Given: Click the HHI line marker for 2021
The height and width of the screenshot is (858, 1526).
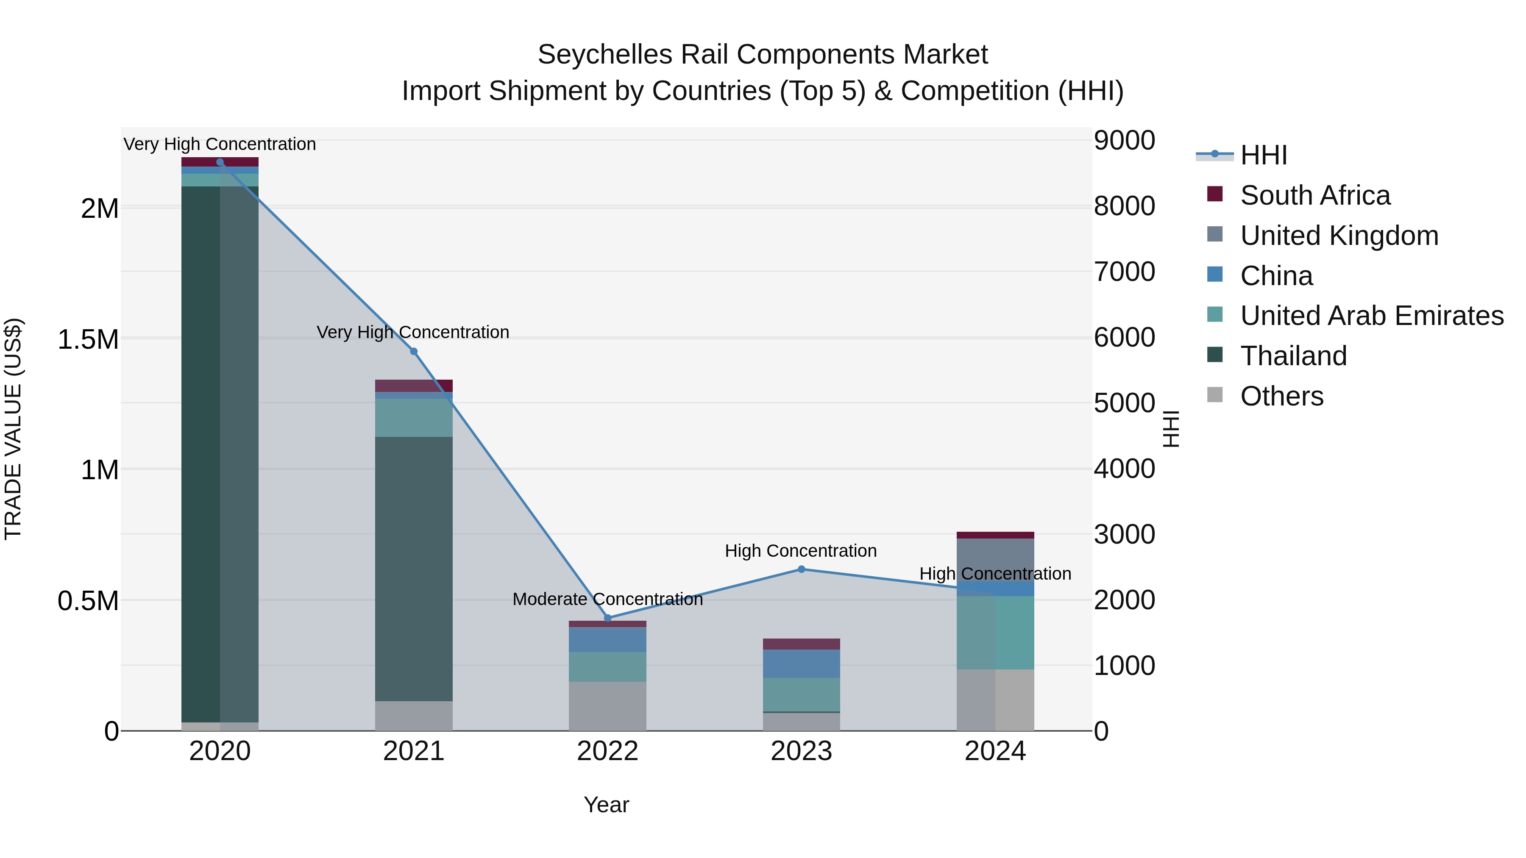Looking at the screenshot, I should (x=413, y=351).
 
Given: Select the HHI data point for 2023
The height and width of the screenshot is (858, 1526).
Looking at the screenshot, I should (x=801, y=569).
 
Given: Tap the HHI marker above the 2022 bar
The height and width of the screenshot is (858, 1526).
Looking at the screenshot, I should (x=607, y=618).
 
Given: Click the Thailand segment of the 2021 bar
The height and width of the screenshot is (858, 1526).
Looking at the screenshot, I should (x=413, y=569).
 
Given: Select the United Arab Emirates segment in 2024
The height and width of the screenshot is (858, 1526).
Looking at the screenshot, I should (x=995, y=633).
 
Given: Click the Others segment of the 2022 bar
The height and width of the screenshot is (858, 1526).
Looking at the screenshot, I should (x=607, y=706).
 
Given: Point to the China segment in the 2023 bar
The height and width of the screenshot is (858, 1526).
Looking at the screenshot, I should (x=801, y=663).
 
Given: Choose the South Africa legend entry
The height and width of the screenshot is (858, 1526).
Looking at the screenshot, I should (x=1314, y=195).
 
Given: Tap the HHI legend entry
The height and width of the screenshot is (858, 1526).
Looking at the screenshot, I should (x=1263, y=155).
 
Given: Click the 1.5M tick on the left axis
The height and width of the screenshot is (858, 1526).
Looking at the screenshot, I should (x=88, y=340).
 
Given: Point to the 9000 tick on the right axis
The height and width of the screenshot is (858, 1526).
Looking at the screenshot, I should (x=1124, y=141).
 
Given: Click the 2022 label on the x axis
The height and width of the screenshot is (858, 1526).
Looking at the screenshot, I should (x=607, y=751).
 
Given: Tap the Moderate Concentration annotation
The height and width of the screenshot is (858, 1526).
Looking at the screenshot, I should (x=607, y=599).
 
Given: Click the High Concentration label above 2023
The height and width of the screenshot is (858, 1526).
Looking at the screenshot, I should (x=800, y=551).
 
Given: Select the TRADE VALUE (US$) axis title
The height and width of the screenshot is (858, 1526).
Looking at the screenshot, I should (x=13, y=429).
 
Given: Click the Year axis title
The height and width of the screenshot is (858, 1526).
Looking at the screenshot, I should (x=606, y=805).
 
